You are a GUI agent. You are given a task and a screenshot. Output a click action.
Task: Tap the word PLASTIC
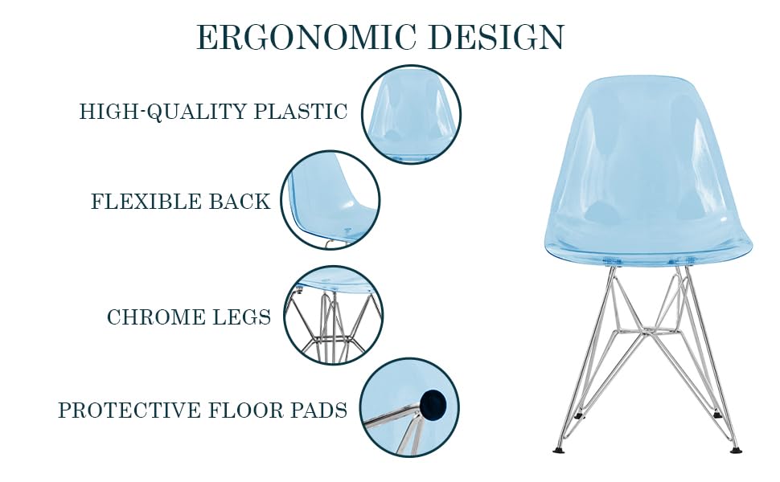301,112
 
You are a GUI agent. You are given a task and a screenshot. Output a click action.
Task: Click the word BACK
240,202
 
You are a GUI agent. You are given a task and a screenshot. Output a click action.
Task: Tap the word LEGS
243,317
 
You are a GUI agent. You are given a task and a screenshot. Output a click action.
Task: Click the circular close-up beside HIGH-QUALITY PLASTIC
411,115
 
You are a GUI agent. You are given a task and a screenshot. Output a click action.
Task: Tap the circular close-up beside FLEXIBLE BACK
330,201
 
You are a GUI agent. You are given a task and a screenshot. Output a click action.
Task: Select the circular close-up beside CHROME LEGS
334,316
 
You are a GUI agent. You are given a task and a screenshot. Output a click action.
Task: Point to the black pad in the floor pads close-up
433,401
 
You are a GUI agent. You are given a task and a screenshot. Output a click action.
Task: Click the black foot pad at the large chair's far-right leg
733,447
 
